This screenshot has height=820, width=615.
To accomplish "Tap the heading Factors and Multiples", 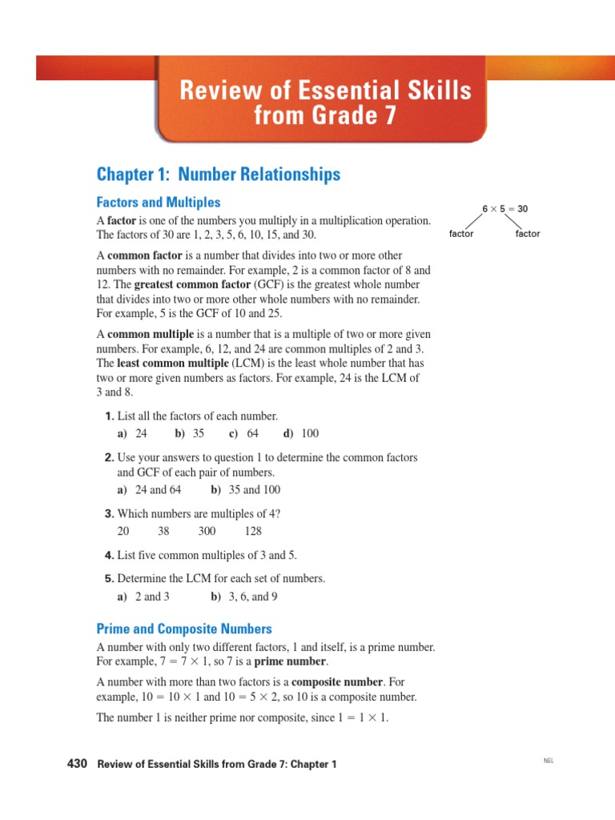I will click(x=159, y=203).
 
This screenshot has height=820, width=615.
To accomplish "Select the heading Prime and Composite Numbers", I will click(x=184, y=629).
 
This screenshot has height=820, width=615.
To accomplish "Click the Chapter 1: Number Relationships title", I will click(x=219, y=175).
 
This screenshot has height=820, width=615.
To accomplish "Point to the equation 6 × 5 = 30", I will click(x=504, y=209).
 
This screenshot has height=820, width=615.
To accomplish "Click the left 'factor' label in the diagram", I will click(x=461, y=234).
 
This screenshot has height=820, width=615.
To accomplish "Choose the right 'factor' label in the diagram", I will click(x=528, y=234).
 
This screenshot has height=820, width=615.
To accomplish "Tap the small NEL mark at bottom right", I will click(x=548, y=760).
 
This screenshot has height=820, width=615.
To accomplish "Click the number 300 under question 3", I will click(x=207, y=531).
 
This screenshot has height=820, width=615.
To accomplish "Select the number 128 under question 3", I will click(x=253, y=531).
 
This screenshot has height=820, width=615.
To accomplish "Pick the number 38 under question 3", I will click(x=163, y=531).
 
